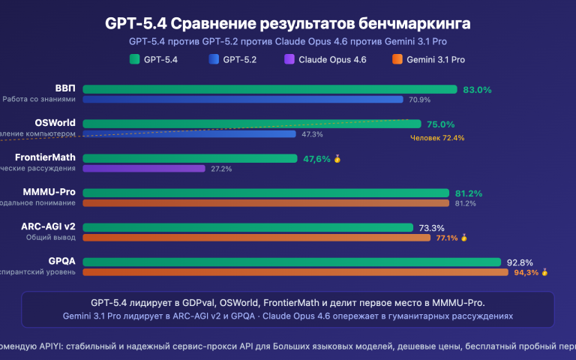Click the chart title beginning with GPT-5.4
[x=287, y=24]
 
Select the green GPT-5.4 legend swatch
[x=135, y=59]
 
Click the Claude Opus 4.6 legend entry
[x=325, y=59]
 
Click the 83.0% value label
[x=477, y=89]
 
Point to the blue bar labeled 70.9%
[x=243, y=99]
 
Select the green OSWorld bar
[x=251, y=124]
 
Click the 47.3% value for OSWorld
[x=312, y=134]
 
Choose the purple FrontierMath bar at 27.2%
[x=143, y=169]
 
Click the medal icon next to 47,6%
[x=337, y=159]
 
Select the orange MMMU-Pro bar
[x=265, y=202]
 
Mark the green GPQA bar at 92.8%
[x=291, y=262]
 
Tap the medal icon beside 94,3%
[x=545, y=272]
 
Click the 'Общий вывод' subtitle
[x=49, y=237]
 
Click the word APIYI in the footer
[x=50, y=347]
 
